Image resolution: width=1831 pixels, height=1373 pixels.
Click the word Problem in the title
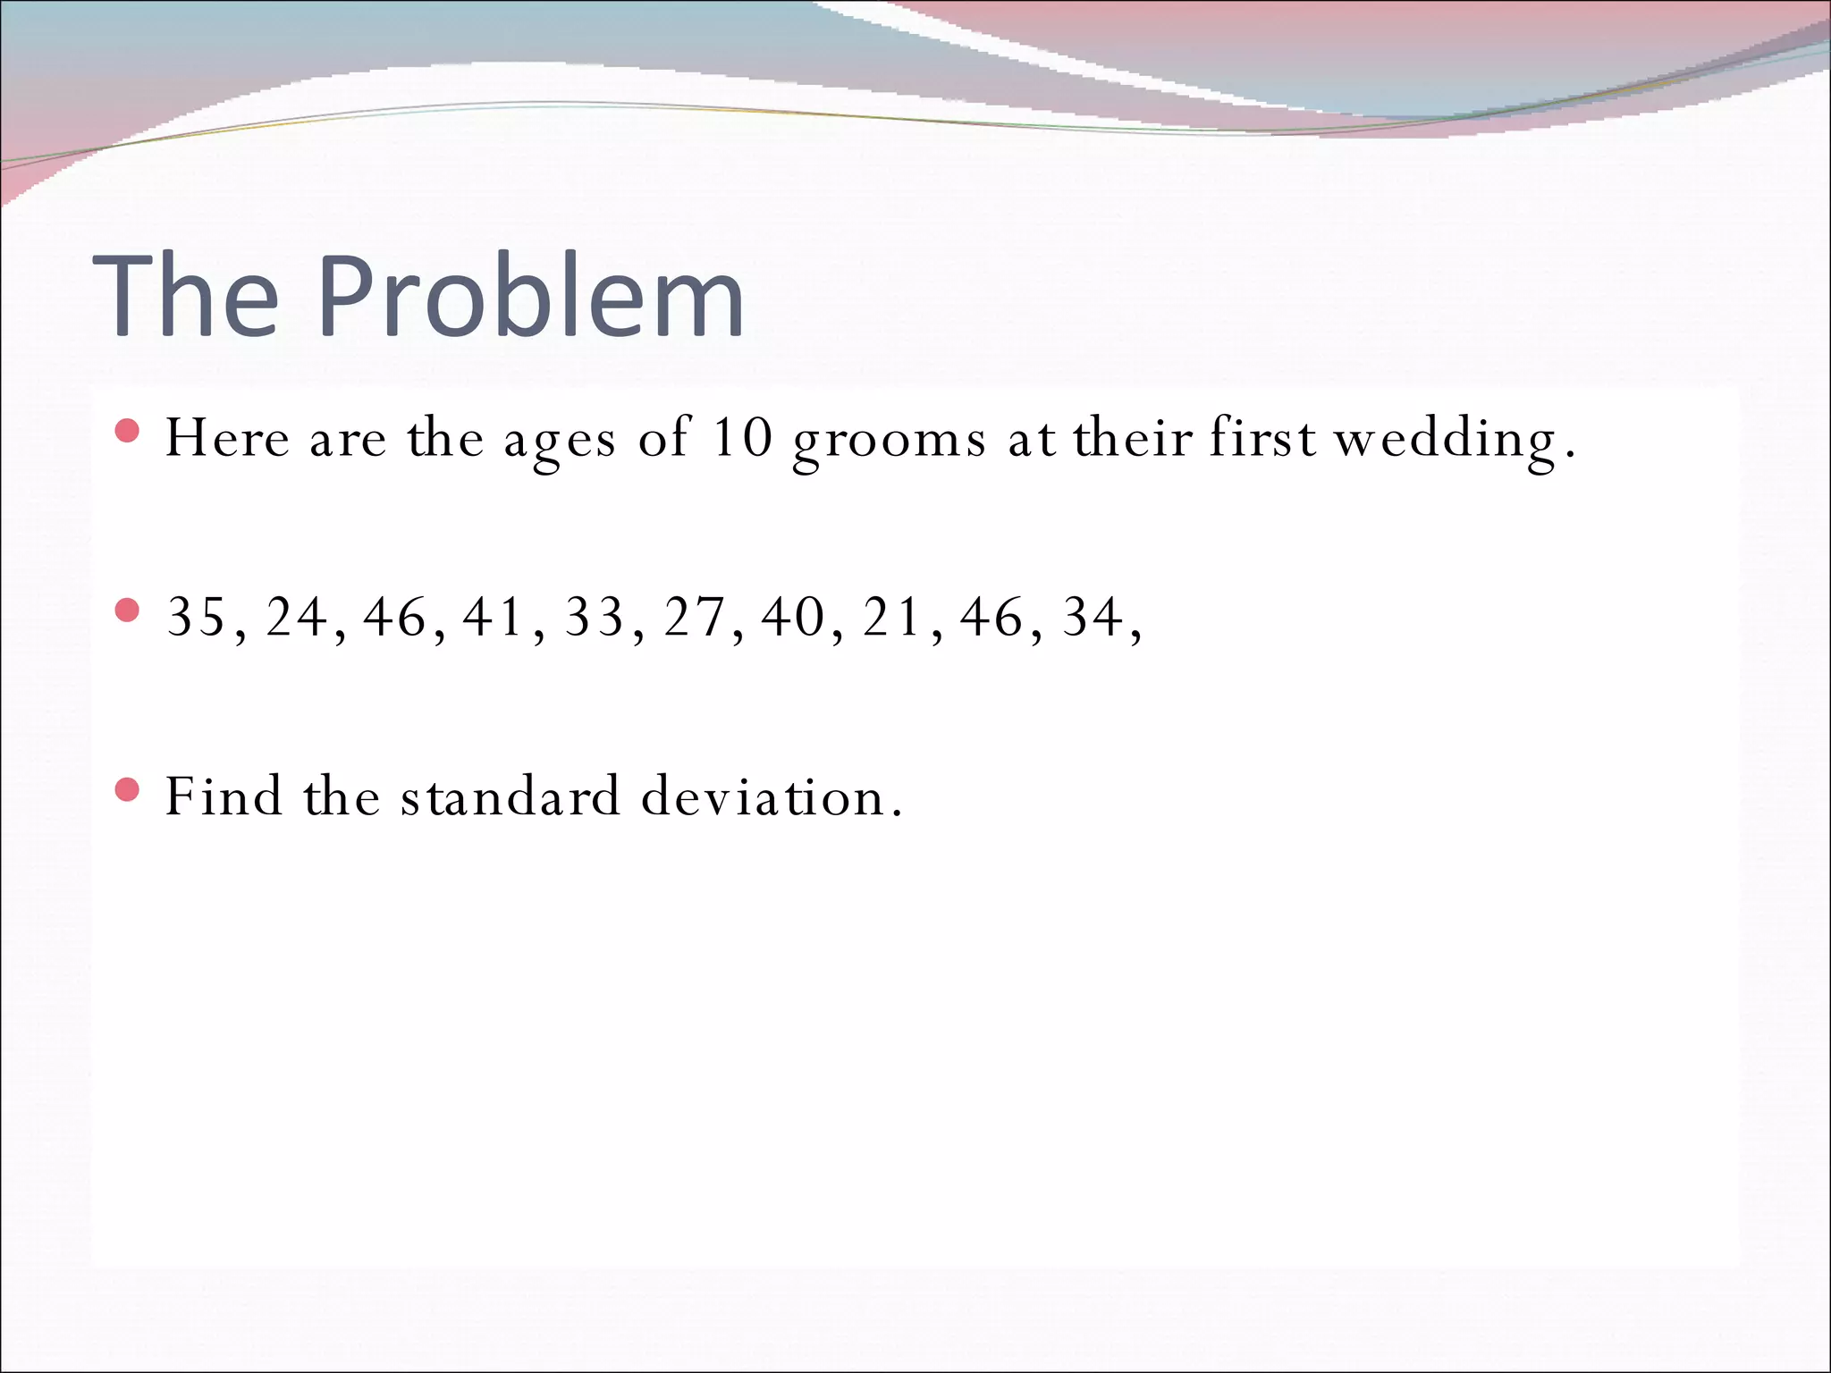click(x=531, y=297)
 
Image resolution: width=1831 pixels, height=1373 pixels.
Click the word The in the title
click(x=186, y=297)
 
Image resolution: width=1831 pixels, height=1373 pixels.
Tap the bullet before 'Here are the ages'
click(x=128, y=432)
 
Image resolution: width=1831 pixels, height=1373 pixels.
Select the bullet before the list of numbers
click(x=128, y=611)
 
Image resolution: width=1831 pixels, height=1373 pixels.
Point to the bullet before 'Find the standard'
click(x=128, y=789)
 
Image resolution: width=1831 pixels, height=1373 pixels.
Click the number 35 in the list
click(x=197, y=617)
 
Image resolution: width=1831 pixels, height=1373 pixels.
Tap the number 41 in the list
click(x=494, y=617)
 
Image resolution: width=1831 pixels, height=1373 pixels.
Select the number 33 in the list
click(x=595, y=617)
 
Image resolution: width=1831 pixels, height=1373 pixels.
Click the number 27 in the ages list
click(x=694, y=617)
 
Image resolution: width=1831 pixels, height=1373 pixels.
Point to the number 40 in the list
click(x=793, y=617)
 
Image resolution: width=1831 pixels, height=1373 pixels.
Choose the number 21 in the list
click(x=892, y=617)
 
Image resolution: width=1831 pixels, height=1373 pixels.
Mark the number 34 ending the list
click(x=1093, y=617)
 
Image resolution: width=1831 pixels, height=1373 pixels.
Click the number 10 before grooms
click(x=742, y=438)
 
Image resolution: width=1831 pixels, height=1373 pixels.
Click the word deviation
click(x=763, y=796)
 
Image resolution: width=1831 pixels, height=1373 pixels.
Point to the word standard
click(x=510, y=796)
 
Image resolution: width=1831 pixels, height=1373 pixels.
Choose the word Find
click(x=224, y=796)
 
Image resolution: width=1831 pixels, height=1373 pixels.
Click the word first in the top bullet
click(x=1262, y=438)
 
